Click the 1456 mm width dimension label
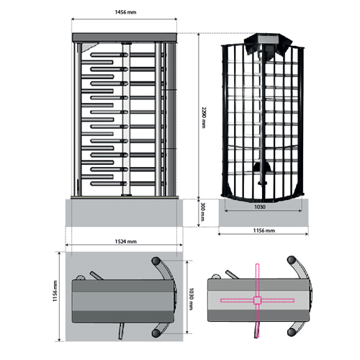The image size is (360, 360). [125, 12]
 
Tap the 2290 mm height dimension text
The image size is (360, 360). [204, 117]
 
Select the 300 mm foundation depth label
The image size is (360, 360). [203, 212]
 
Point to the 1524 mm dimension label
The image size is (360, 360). [126, 241]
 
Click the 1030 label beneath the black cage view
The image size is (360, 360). [260, 207]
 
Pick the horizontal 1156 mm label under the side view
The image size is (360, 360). [264, 230]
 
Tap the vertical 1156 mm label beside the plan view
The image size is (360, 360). [55, 291]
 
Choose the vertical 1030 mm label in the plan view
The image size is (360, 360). [191, 299]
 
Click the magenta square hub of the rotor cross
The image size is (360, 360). [257, 300]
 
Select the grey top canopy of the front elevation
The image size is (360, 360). [125, 37]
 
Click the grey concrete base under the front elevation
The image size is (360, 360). [124, 212]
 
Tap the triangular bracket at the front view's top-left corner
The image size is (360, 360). [89, 47]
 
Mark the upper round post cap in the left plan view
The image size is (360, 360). [156, 261]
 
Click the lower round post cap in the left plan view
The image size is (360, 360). [156, 333]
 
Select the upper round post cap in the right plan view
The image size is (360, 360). [292, 260]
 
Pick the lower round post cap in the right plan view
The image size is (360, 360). [292, 332]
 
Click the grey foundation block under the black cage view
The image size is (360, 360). [264, 212]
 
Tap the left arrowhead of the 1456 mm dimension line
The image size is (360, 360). [73, 19]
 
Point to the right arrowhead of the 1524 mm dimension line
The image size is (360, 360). [181, 245]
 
